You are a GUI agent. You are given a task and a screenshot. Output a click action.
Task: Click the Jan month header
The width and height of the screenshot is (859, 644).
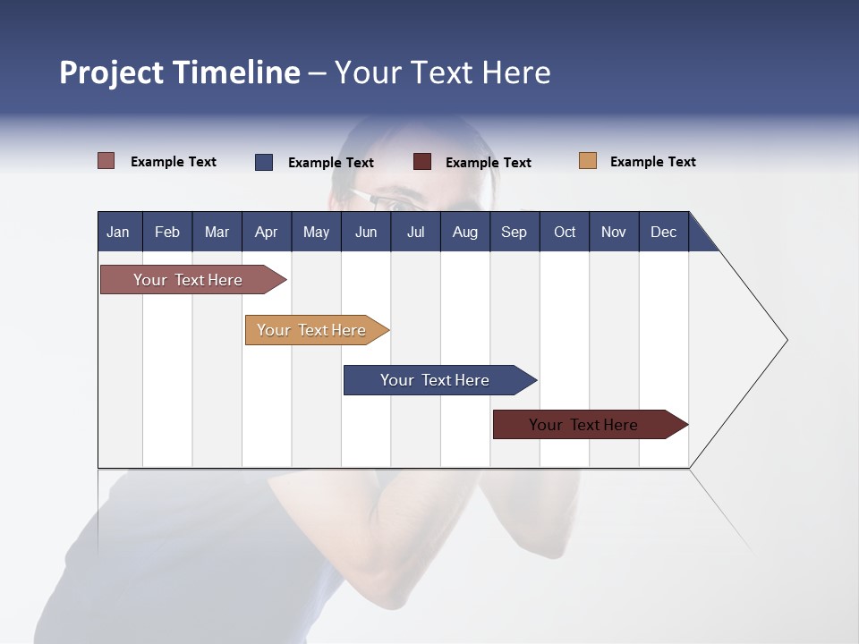click(118, 232)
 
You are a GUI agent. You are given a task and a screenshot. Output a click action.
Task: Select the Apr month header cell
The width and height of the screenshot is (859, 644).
click(266, 232)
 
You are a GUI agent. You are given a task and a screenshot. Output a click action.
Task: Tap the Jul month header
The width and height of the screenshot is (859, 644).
click(415, 232)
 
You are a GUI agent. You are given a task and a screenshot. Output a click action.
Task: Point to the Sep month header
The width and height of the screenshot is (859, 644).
click(514, 232)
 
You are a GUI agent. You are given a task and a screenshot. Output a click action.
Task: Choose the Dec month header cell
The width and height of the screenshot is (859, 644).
click(663, 232)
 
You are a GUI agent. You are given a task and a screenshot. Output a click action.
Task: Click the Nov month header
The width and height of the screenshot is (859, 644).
click(613, 232)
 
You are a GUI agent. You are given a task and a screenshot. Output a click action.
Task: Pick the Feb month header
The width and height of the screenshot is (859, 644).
click(167, 232)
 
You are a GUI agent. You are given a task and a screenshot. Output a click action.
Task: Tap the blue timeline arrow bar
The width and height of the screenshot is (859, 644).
click(436, 380)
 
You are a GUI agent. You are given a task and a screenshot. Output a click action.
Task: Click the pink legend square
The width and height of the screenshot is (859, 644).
click(106, 161)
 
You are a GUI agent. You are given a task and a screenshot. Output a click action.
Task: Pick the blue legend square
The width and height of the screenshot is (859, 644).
click(264, 162)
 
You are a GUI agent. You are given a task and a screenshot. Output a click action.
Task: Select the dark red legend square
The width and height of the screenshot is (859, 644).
click(422, 162)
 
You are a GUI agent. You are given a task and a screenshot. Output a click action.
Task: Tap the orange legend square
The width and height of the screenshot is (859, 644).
click(588, 161)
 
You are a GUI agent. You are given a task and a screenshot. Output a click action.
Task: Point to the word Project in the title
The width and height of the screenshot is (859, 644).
click(111, 72)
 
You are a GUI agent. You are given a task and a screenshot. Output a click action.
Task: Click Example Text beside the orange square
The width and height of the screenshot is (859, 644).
click(652, 162)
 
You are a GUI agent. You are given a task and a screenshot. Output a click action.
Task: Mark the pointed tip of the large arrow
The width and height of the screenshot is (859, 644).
click(786, 340)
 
